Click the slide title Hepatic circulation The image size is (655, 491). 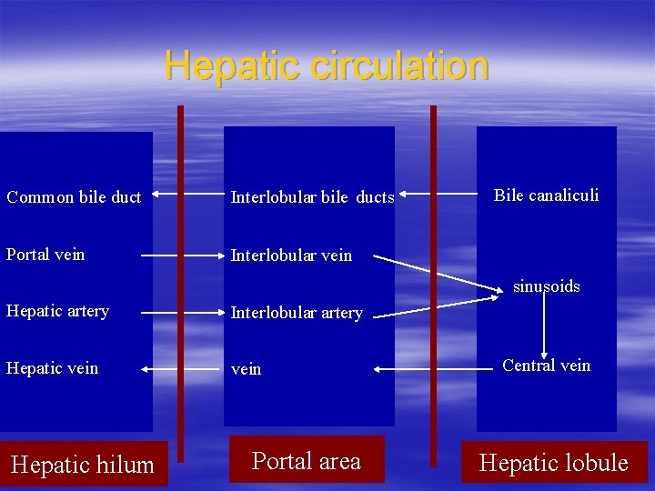(327, 66)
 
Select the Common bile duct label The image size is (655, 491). (74, 197)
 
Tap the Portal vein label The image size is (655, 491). (45, 255)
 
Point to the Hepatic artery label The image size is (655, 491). (58, 311)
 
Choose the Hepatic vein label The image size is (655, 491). (53, 368)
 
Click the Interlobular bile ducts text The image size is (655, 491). (312, 197)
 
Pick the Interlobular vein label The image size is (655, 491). (291, 256)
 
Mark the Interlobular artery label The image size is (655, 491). (297, 313)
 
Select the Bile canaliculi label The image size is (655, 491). (546, 195)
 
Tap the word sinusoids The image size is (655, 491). (546, 286)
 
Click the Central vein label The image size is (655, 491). (546, 366)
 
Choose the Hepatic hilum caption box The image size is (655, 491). (83, 464)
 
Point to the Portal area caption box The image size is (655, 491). (307, 460)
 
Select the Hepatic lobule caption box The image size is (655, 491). (553, 463)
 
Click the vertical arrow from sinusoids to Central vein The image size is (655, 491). (544, 326)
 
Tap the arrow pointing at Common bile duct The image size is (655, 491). (182, 194)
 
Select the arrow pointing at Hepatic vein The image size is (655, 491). (182, 369)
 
